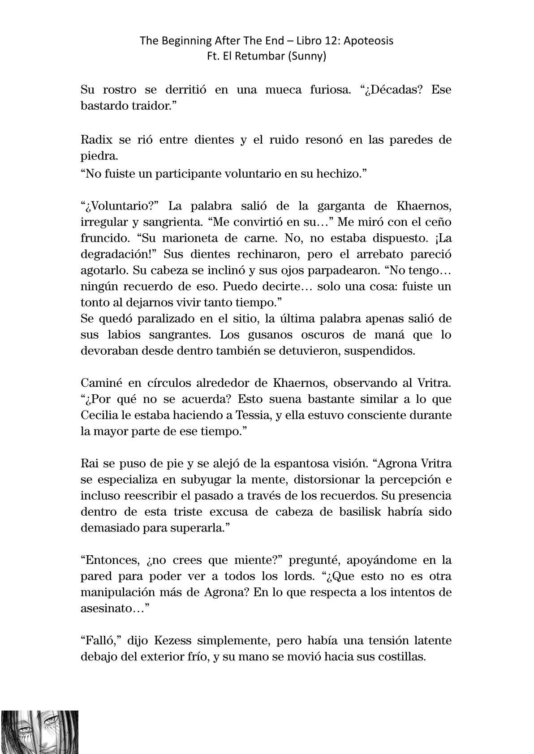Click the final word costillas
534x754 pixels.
(399, 657)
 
